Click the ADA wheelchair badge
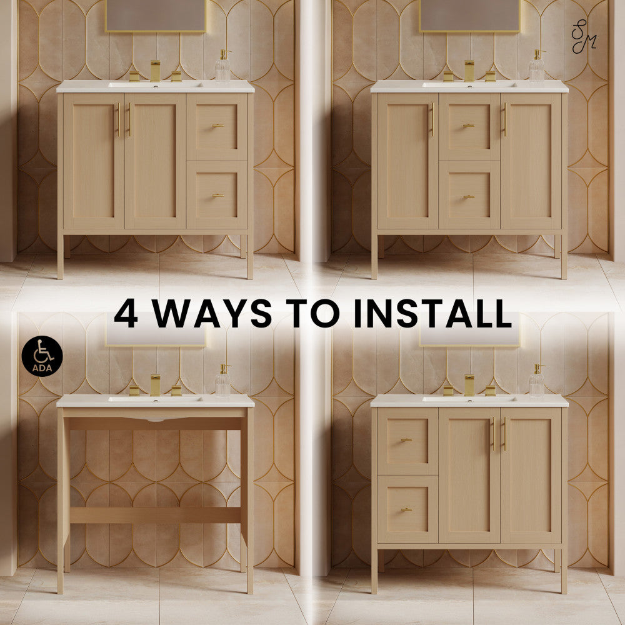click(x=42, y=356)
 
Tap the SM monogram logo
click(x=584, y=36)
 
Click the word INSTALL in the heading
click(x=432, y=313)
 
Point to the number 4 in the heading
click(x=126, y=313)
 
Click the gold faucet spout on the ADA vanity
click(x=155, y=385)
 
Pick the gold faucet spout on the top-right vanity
click(x=469, y=71)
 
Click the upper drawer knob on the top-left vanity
click(x=218, y=126)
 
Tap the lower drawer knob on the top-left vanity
click(x=218, y=196)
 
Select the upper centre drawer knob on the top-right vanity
click(x=468, y=126)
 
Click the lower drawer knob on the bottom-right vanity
click(x=407, y=510)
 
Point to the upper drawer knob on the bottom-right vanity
click(x=407, y=440)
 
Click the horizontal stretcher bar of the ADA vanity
click(x=155, y=516)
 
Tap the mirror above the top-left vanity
click(x=156, y=16)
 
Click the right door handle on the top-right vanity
click(x=505, y=119)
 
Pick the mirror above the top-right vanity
click(x=469, y=16)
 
